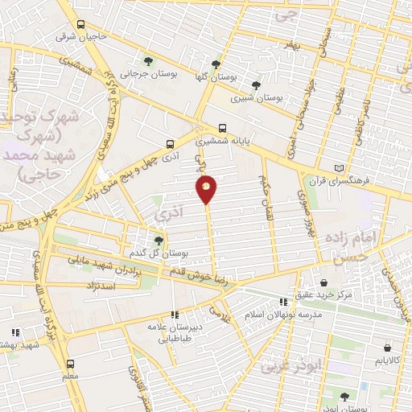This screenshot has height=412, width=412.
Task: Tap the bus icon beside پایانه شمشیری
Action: [x=223, y=127]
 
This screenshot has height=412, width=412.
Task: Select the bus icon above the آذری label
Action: [x=169, y=144]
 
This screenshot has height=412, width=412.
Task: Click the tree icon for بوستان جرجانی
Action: [x=147, y=60]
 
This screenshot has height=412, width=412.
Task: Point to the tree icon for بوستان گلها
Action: [x=215, y=64]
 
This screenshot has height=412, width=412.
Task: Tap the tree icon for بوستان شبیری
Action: [x=256, y=84]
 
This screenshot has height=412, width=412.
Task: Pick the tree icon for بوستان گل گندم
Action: [x=158, y=240]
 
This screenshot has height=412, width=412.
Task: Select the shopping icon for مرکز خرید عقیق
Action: [x=323, y=282]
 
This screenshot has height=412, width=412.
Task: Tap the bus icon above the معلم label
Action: [x=70, y=363]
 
